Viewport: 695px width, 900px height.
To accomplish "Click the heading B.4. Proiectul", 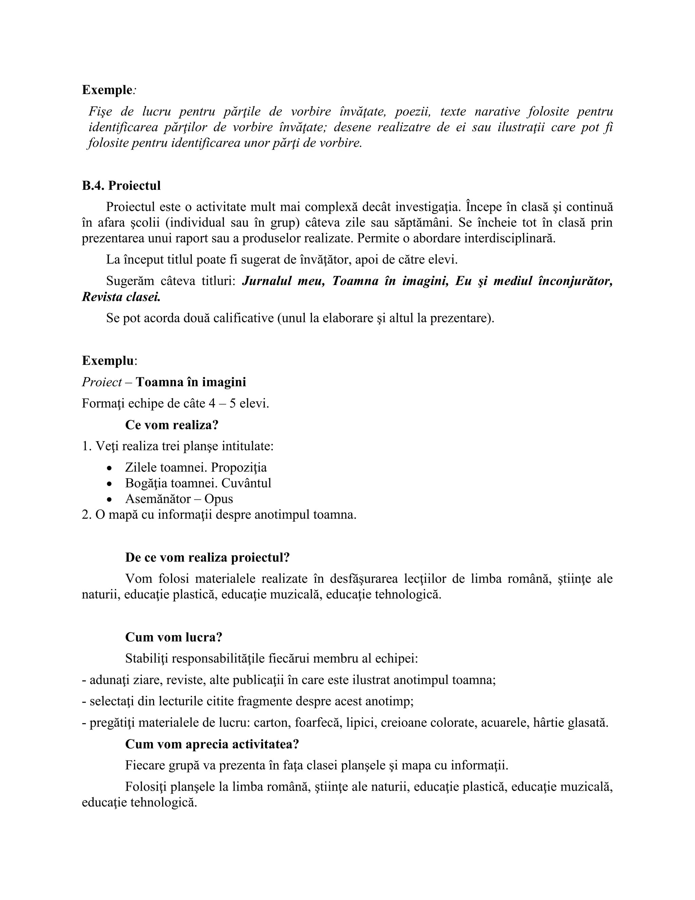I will tap(121, 186).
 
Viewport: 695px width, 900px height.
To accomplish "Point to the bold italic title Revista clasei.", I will tap(121, 297).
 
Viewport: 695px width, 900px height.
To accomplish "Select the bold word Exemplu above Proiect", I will tap(108, 361).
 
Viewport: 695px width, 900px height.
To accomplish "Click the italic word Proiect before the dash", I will tap(101, 382).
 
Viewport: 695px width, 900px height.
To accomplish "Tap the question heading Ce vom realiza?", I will tap(171, 425).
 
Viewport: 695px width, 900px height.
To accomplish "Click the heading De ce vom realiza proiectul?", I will tap(207, 558).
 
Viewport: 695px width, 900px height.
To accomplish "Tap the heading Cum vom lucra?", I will tap(173, 637).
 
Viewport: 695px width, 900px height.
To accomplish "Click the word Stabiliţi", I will tap(146, 659).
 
